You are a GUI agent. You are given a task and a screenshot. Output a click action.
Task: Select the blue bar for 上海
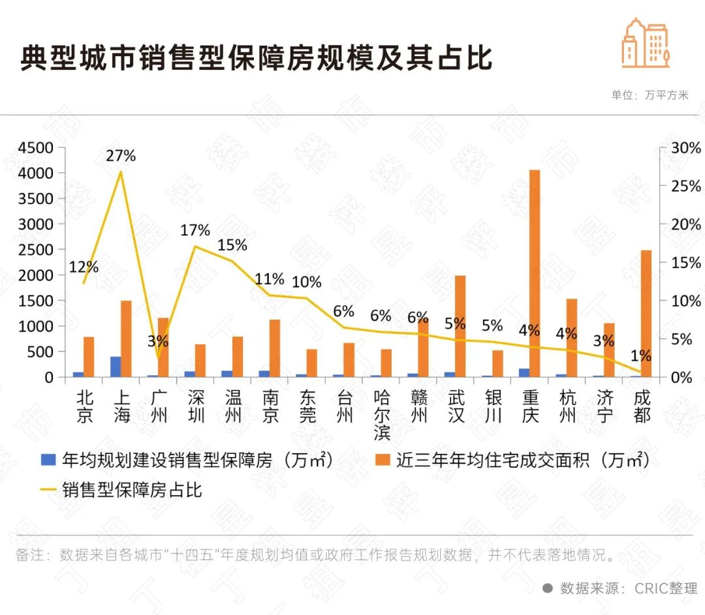click(x=116, y=367)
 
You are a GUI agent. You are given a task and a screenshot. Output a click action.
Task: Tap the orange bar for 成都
click(x=646, y=314)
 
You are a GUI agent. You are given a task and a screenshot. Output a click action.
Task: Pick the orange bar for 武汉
click(x=460, y=326)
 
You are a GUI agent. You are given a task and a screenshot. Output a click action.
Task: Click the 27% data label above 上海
click(x=121, y=156)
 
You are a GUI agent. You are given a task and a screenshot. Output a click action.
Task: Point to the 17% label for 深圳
click(x=196, y=230)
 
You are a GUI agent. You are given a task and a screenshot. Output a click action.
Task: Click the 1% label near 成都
click(x=641, y=356)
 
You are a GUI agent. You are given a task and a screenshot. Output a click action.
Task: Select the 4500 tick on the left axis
click(x=36, y=148)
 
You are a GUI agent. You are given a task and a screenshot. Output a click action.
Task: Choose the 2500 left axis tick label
click(x=36, y=250)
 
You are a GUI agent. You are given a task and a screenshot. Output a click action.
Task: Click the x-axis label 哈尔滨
click(x=383, y=414)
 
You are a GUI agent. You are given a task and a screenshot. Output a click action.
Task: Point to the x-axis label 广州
click(x=159, y=406)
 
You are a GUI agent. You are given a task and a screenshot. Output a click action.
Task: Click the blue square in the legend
click(x=48, y=460)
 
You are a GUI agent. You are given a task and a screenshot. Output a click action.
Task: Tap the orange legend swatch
click(x=383, y=460)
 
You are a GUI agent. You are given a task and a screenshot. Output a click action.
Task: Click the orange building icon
click(x=646, y=42)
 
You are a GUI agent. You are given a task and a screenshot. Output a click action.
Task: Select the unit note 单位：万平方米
click(x=650, y=95)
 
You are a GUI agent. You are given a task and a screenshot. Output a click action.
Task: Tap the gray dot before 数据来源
click(x=548, y=588)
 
